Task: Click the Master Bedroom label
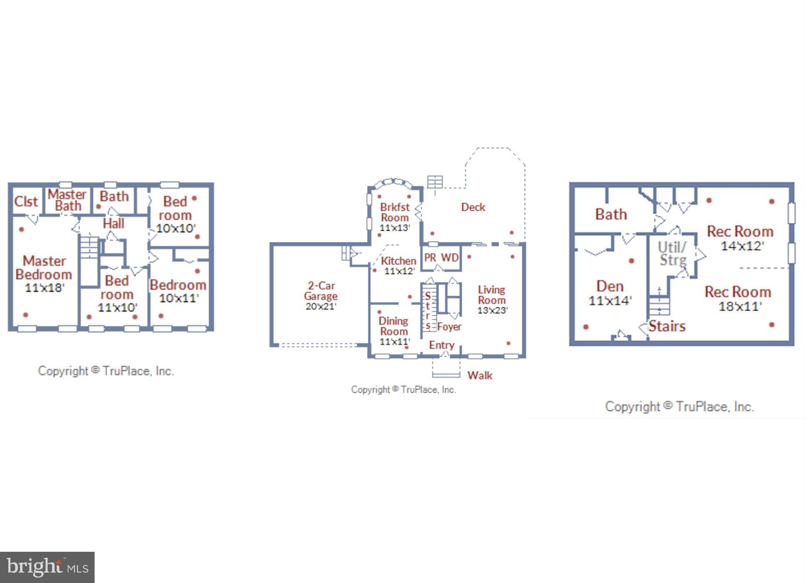[44, 268]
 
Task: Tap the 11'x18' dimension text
[44, 288]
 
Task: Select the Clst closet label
[26, 202]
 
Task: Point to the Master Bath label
[67, 200]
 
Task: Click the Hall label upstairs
[113, 224]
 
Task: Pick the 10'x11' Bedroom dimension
[179, 298]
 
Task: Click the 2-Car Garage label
[320, 291]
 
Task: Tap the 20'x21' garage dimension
[321, 306]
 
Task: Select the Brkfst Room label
[395, 212]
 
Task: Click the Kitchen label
[398, 261]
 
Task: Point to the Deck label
[473, 207]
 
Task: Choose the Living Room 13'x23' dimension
[492, 310]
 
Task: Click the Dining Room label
[393, 326]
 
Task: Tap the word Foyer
[449, 327]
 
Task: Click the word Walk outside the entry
[480, 376]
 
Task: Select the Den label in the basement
[610, 287]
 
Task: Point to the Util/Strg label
[672, 254]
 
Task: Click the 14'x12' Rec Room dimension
[742, 246]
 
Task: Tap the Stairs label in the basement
[667, 326]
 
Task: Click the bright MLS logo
[47, 567]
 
